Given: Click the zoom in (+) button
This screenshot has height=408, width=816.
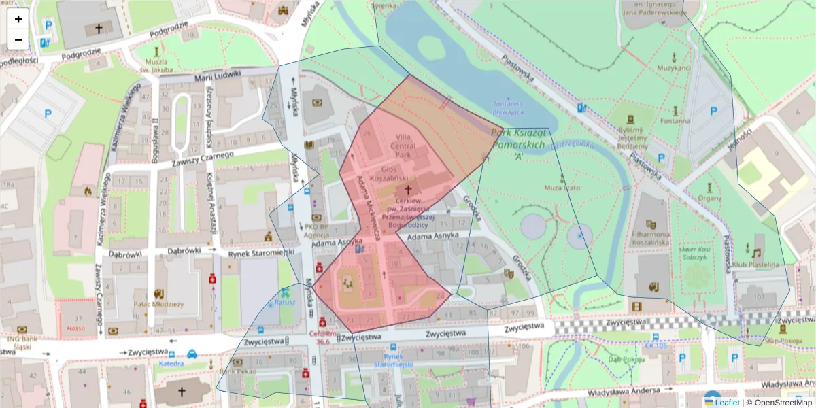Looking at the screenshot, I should point(18,19).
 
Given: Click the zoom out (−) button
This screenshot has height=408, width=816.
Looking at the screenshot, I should point(18,39).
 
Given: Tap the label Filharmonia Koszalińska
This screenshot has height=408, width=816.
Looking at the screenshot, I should point(650,237).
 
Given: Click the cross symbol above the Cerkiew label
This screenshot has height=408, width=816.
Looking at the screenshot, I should point(408,190).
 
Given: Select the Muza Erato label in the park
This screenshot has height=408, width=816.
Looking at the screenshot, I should point(561,186).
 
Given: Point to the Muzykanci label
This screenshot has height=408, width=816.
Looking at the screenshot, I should point(674,69).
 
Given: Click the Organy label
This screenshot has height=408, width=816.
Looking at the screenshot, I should point(709,198).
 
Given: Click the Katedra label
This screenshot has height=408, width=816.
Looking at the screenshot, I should point(171,363).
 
